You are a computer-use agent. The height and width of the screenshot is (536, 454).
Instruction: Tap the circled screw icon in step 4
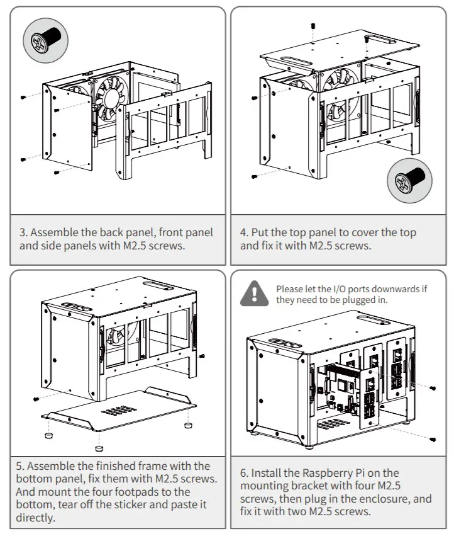[x=409, y=181]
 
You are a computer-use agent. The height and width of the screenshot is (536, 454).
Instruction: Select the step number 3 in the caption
[x=23, y=232]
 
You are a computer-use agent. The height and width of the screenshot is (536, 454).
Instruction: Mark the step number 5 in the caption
[x=19, y=466]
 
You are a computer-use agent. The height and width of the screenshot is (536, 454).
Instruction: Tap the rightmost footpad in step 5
[x=187, y=425]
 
